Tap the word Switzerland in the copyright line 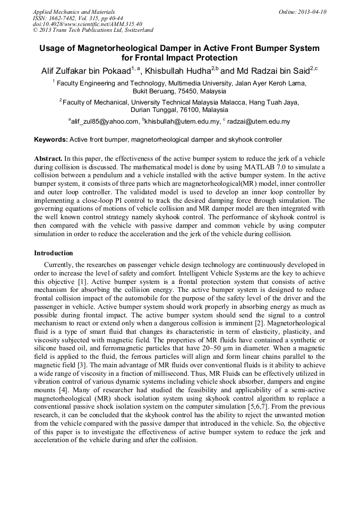tap(136, 30)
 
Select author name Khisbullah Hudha tap(178, 71)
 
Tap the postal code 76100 tap(186, 110)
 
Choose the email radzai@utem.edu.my tap(258, 122)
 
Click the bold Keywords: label tap(50, 140)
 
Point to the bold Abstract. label tap(48, 159)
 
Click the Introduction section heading tap(53, 253)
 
